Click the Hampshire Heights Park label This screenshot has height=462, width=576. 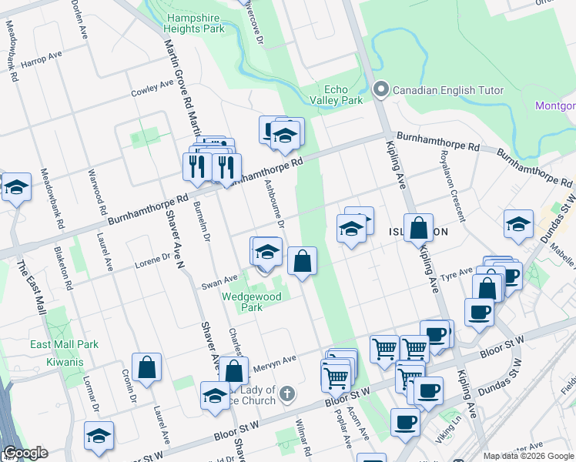coord(193,22)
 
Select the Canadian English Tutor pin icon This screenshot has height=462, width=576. coord(380,91)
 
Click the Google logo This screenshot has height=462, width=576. coord(25,454)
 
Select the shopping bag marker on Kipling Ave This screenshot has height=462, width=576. coord(418,229)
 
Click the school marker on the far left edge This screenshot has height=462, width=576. coord(16,187)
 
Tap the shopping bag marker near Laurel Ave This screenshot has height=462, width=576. coord(146,368)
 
